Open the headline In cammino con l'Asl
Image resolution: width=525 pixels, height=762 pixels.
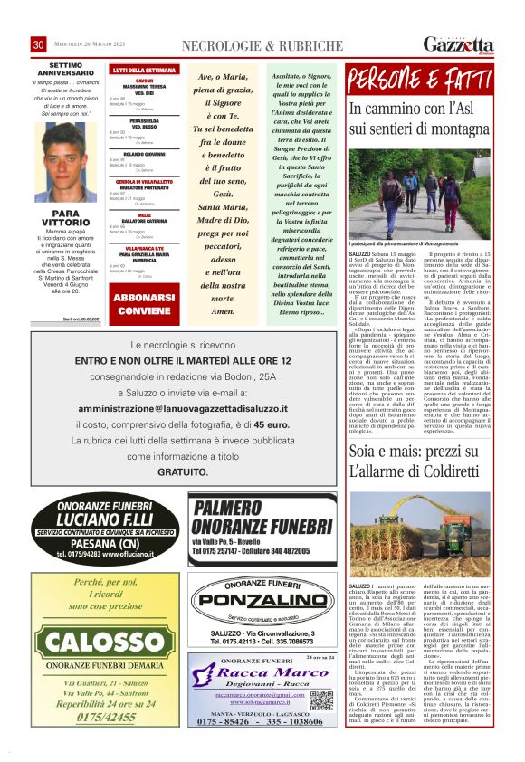[x=418, y=120]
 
